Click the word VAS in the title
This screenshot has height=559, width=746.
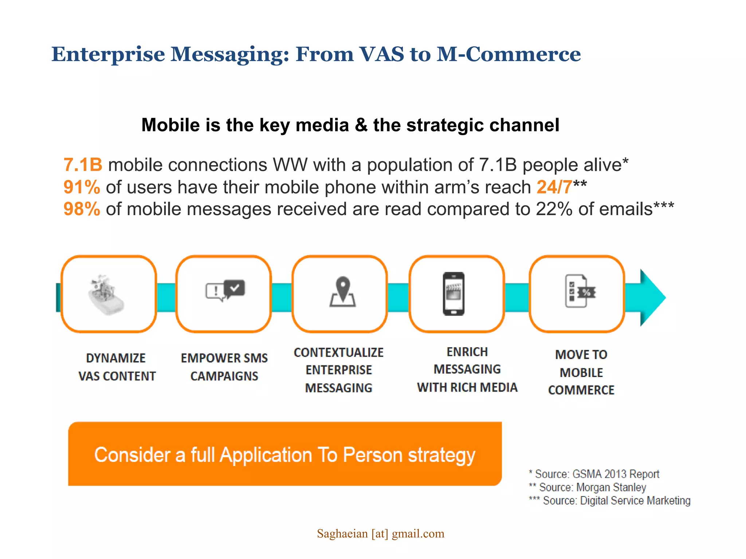click(381, 55)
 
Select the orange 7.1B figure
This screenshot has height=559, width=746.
click(83, 165)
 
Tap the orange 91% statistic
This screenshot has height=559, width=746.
click(82, 187)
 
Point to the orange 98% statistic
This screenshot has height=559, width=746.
click(82, 209)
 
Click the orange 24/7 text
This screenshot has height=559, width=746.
click(554, 187)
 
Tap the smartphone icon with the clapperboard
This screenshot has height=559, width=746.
click(454, 293)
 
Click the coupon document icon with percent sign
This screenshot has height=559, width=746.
click(580, 291)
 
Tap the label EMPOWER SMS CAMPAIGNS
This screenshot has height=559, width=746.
click(224, 367)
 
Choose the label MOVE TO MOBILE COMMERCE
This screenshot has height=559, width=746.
click(581, 372)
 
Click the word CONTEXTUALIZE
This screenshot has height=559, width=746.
click(338, 352)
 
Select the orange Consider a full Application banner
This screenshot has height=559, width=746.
click(285, 454)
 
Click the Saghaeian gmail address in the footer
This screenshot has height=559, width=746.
click(380, 534)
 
